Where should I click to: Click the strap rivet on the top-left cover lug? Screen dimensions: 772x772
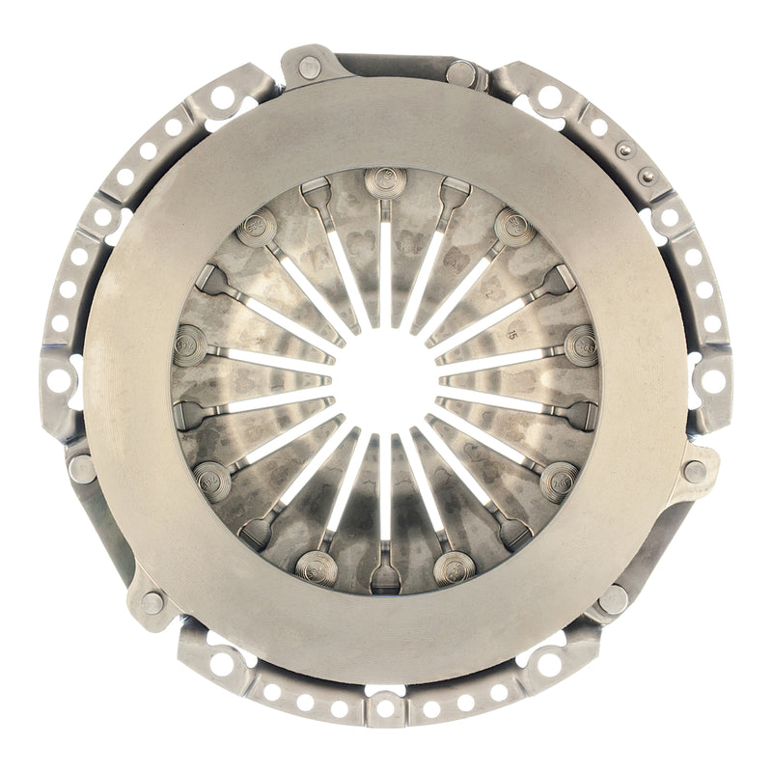309,68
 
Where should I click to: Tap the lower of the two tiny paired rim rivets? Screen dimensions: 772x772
647,176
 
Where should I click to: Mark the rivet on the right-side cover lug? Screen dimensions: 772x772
694,471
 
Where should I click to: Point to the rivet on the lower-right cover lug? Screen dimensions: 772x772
614,599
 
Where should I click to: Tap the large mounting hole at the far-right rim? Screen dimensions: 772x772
714,380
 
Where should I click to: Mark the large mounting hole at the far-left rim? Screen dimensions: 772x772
59,380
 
